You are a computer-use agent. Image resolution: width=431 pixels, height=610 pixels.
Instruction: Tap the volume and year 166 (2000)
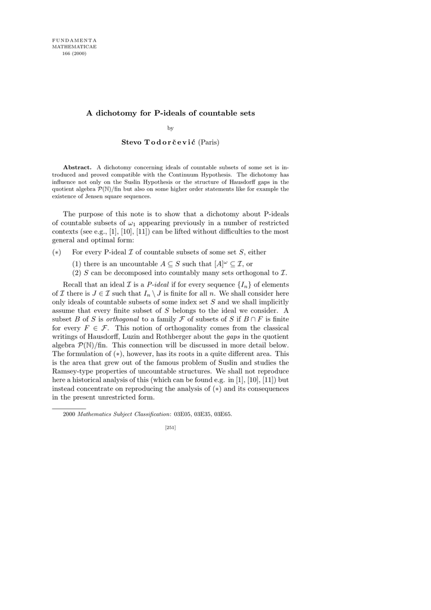click(74, 53)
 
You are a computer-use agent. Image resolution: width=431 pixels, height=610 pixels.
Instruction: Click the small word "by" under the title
click(171, 127)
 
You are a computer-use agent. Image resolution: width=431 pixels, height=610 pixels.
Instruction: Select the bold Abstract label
click(77, 167)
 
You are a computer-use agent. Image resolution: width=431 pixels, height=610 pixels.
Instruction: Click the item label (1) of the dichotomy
click(77, 264)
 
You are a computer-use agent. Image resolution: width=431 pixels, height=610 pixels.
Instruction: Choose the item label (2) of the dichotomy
click(77, 273)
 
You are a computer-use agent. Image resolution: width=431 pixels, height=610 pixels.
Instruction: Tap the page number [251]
click(170, 427)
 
